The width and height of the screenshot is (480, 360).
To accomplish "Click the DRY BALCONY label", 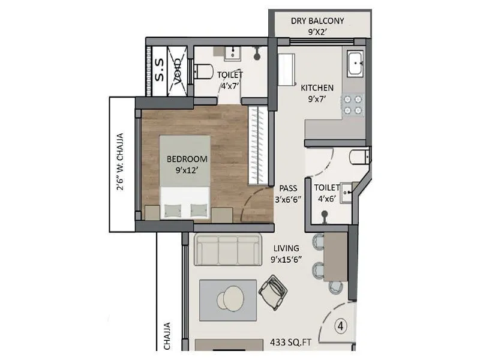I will tap(317, 21).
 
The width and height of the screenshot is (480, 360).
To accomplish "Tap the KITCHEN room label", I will tap(317, 88).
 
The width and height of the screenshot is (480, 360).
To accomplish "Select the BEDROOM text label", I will tap(187, 159).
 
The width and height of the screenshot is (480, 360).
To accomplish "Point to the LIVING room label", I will tap(287, 248).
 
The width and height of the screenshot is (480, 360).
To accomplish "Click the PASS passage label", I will tap(288, 188).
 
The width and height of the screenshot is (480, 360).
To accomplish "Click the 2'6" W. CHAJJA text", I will tap(120, 162).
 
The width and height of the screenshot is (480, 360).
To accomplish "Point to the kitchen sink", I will tap(355, 63).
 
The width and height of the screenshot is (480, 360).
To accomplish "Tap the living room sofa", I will tap(228, 250).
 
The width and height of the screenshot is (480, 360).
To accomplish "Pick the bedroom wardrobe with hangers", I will tap(257, 144).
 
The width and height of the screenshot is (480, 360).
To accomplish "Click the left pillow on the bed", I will tap(172, 211).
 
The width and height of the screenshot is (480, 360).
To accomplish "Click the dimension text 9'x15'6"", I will tap(286, 259).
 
